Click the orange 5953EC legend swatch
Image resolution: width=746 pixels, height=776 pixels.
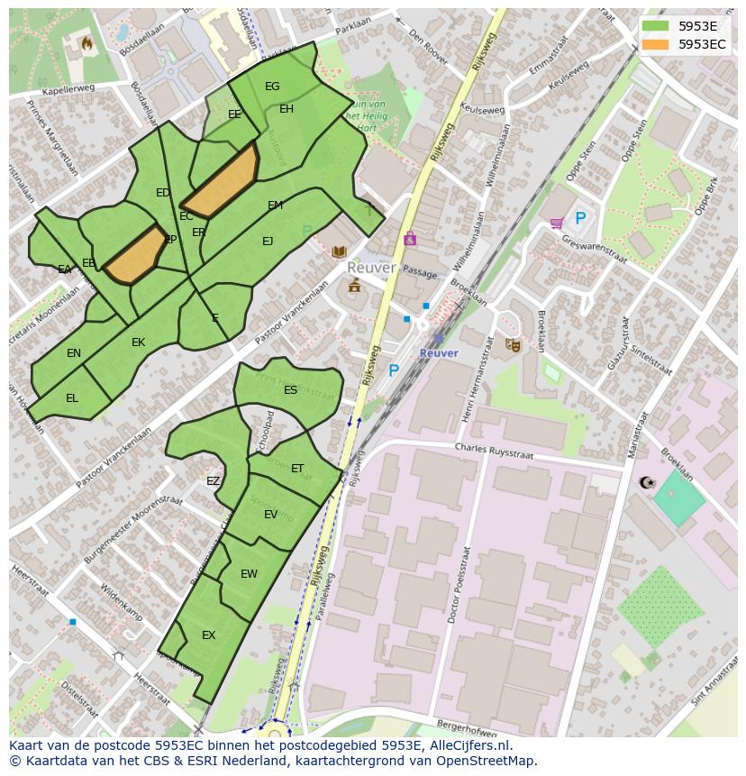tap(656, 44)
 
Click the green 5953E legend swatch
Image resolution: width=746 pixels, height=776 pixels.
tap(656, 26)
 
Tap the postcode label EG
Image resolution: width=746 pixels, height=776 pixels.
tap(272, 87)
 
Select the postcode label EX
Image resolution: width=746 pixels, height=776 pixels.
tap(208, 635)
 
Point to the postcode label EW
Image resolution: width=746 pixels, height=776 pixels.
tap(249, 574)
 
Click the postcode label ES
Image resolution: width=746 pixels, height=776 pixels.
tap(290, 390)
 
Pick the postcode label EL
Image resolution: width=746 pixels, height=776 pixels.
tap(72, 397)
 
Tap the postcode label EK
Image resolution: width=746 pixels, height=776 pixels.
tap(138, 342)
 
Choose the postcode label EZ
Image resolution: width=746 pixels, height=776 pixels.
tap(213, 481)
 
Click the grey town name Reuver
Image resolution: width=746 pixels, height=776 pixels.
tap(371, 269)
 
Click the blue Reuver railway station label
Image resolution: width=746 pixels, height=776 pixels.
tap(439, 353)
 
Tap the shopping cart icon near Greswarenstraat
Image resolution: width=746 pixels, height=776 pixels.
tap(557, 222)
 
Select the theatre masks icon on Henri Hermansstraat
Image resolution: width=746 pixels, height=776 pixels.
tap(513, 344)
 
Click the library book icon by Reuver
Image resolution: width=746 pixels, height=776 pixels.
tap(339, 252)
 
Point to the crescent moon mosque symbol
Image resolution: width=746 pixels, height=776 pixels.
tap(645, 483)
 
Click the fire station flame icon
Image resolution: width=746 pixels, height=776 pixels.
tap(87, 41)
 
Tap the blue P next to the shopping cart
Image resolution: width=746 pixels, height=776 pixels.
tap(580, 218)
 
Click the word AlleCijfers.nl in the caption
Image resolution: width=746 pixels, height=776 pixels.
tap(468, 745)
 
